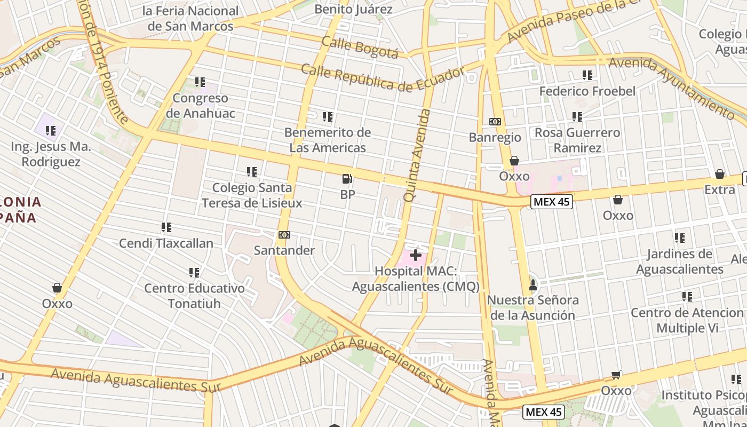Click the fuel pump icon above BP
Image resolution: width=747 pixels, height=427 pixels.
[347, 179]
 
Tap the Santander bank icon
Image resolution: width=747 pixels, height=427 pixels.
[284, 235]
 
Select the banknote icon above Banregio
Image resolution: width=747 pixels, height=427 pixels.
[495, 122]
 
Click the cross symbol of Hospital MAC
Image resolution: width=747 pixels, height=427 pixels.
[415, 256]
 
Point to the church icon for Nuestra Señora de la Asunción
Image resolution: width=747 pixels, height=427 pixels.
[532, 284]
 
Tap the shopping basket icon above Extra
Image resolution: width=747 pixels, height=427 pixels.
[720, 174]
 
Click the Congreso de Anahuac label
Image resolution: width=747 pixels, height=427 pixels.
[200, 106]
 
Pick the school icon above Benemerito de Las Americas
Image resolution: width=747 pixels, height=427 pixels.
[328, 116]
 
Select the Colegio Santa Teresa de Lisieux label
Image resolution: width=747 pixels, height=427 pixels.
[252, 195]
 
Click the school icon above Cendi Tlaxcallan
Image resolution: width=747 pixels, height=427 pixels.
[166, 227]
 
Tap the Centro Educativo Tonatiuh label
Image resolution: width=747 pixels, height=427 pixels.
[194, 296]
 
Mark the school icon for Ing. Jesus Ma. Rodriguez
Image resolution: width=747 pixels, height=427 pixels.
[51, 130]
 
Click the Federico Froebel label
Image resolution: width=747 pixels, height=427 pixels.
[587, 91]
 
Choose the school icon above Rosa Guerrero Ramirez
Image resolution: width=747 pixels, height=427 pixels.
[577, 116]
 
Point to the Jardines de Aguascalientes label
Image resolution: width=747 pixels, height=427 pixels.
[679, 261]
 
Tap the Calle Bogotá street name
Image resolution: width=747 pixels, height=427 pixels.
[360, 47]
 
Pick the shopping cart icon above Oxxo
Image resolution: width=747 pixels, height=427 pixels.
[616, 375]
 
